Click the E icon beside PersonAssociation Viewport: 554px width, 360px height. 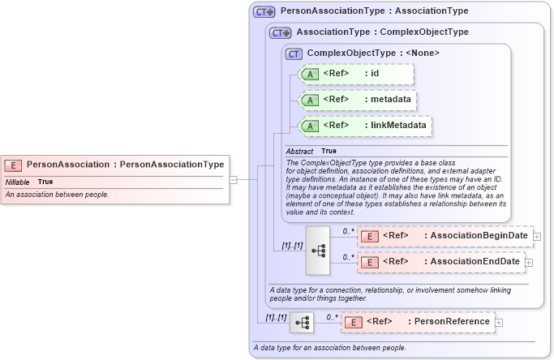point(14,165)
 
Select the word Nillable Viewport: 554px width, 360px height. point(17,182)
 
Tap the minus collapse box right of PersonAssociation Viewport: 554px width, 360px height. point(233,180)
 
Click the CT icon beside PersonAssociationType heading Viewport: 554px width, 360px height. point(264,12)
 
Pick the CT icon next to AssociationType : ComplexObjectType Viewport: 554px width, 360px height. point(281,33)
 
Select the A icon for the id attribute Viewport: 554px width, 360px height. point(310,75)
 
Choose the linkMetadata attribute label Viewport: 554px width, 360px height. point(399,126)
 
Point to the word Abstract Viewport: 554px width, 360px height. point(299,151)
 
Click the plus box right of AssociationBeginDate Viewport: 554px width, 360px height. point(537,236)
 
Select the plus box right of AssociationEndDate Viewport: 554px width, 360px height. point(529,262)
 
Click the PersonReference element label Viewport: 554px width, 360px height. point(452,322)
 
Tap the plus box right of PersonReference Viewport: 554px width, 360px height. point(499,322)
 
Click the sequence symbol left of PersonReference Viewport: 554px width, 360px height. point(303,322)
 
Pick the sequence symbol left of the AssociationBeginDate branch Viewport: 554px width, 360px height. point(318,251)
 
